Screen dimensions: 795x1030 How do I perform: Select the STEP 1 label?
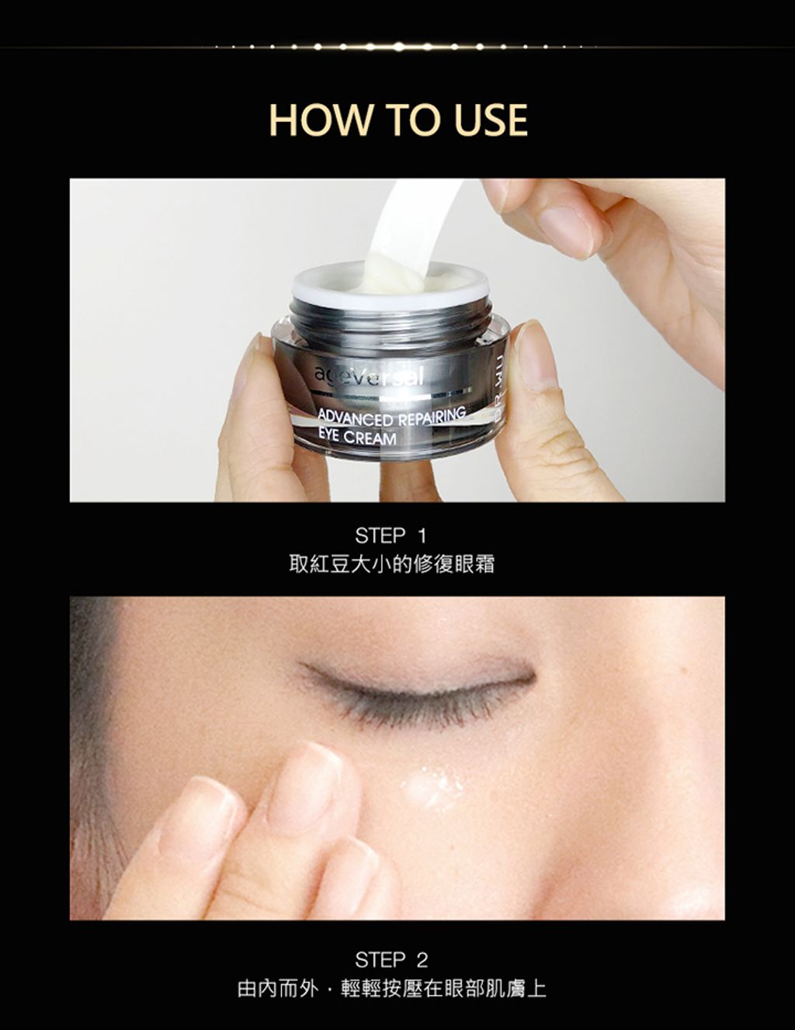[x=391, y=536]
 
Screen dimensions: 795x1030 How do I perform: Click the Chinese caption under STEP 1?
[x=391, y=564]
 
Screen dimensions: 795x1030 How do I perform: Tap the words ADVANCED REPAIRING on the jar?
[x=391, y=417]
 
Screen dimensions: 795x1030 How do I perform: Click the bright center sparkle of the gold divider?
[x=399, y=47]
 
